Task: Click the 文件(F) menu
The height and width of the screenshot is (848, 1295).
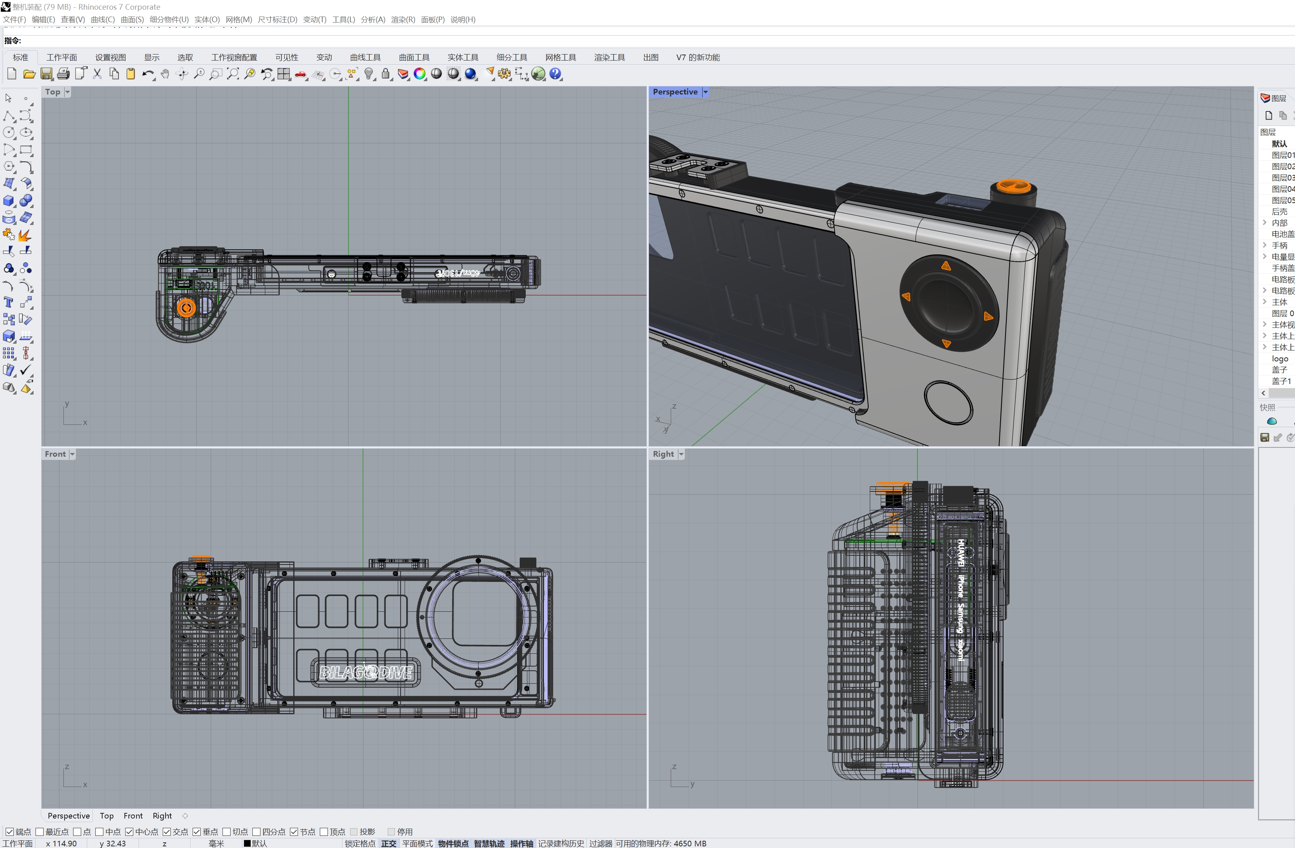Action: point(14,20)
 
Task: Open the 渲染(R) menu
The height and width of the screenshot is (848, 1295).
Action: point(403,20)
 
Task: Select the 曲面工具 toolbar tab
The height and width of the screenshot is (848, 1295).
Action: point(413,57)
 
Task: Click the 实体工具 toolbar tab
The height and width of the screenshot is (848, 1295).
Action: point(462,57)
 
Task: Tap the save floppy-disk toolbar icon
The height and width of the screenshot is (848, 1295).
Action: point(46,74)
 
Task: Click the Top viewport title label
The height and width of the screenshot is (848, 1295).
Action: point(53,92)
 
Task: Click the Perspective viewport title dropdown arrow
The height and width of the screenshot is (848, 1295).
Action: point(705,92)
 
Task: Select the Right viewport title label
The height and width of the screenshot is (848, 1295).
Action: point(663,454)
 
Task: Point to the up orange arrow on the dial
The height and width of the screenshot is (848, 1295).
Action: point(946,266)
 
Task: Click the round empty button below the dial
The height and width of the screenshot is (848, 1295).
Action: point(948,403)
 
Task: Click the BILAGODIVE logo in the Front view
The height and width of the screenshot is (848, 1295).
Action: point(366,673)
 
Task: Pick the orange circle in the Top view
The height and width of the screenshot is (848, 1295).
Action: point(186,308)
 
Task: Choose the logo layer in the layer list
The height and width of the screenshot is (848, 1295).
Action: point(1280,359)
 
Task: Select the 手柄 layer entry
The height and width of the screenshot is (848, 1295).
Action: point(1279,246)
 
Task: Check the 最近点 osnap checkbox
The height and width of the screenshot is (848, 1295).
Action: point(40,832)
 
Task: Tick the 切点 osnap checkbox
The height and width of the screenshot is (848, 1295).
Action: point(227,832)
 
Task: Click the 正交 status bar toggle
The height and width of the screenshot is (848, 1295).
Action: point(388,843)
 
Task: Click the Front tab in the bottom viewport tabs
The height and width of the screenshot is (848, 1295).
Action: point(133,815)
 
